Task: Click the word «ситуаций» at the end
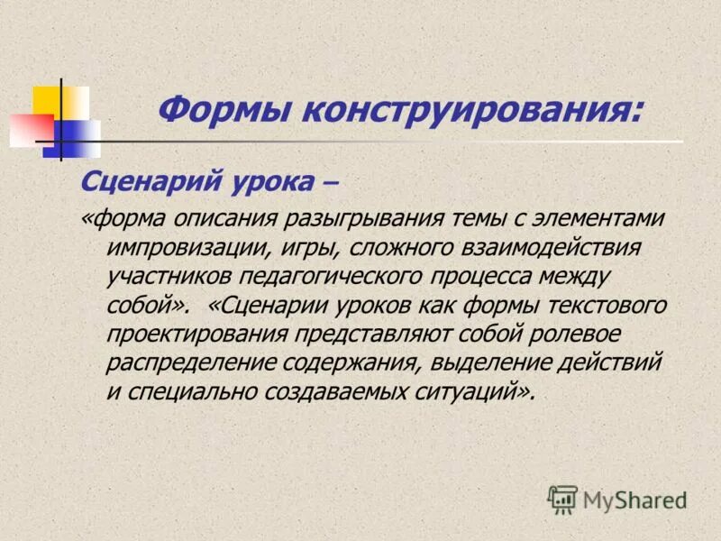470,391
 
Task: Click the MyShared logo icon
562,499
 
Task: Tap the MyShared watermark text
634,500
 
